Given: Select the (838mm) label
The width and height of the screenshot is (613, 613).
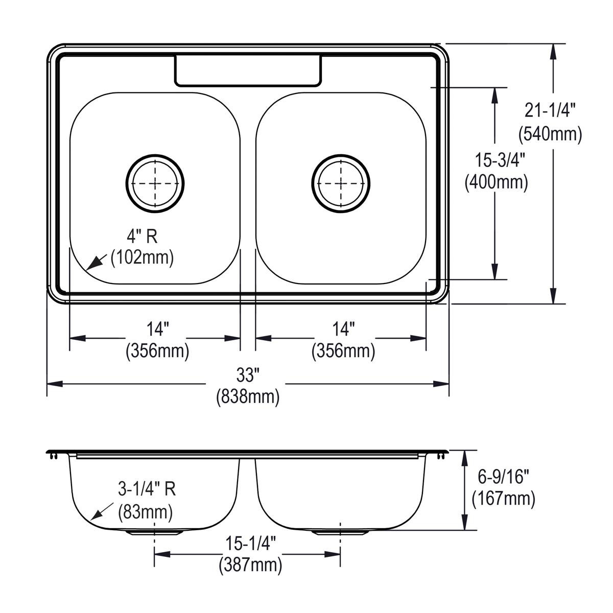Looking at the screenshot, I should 248,396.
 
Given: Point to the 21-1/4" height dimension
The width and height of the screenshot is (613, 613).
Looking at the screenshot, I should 550,110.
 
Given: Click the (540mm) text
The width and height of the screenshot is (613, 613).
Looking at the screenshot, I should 550,134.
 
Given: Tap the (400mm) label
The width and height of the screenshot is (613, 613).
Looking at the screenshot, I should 496,182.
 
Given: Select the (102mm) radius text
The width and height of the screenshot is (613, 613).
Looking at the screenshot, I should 142,257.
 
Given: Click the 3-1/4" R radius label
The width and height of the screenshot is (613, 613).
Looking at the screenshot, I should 147,489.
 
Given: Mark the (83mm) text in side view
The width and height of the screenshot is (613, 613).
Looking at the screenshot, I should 145,510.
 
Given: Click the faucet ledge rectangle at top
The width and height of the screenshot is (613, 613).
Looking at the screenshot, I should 249,70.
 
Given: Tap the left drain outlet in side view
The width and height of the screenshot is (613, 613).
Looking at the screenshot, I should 154,532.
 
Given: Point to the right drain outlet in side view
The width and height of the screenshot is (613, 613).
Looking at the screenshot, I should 340,532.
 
